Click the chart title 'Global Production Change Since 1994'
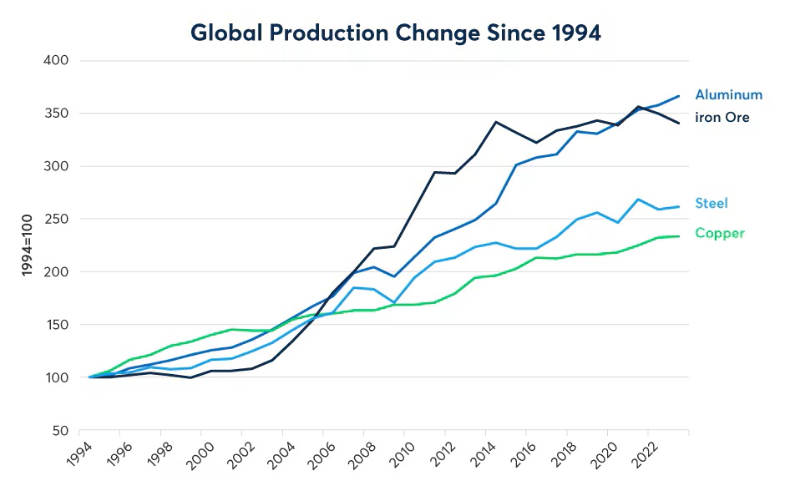(x=396, y=33)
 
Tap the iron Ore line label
(x=722, y=118)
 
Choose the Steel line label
(x=711, y=203)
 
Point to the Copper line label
(x=719, y=233)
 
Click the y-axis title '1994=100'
(x=27, y=246)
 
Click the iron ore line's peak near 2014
(x=497, y=122)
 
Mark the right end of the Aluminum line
(x=679, y=96)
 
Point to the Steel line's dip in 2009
(x=395, y=302)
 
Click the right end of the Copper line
(x=679, y=236)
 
